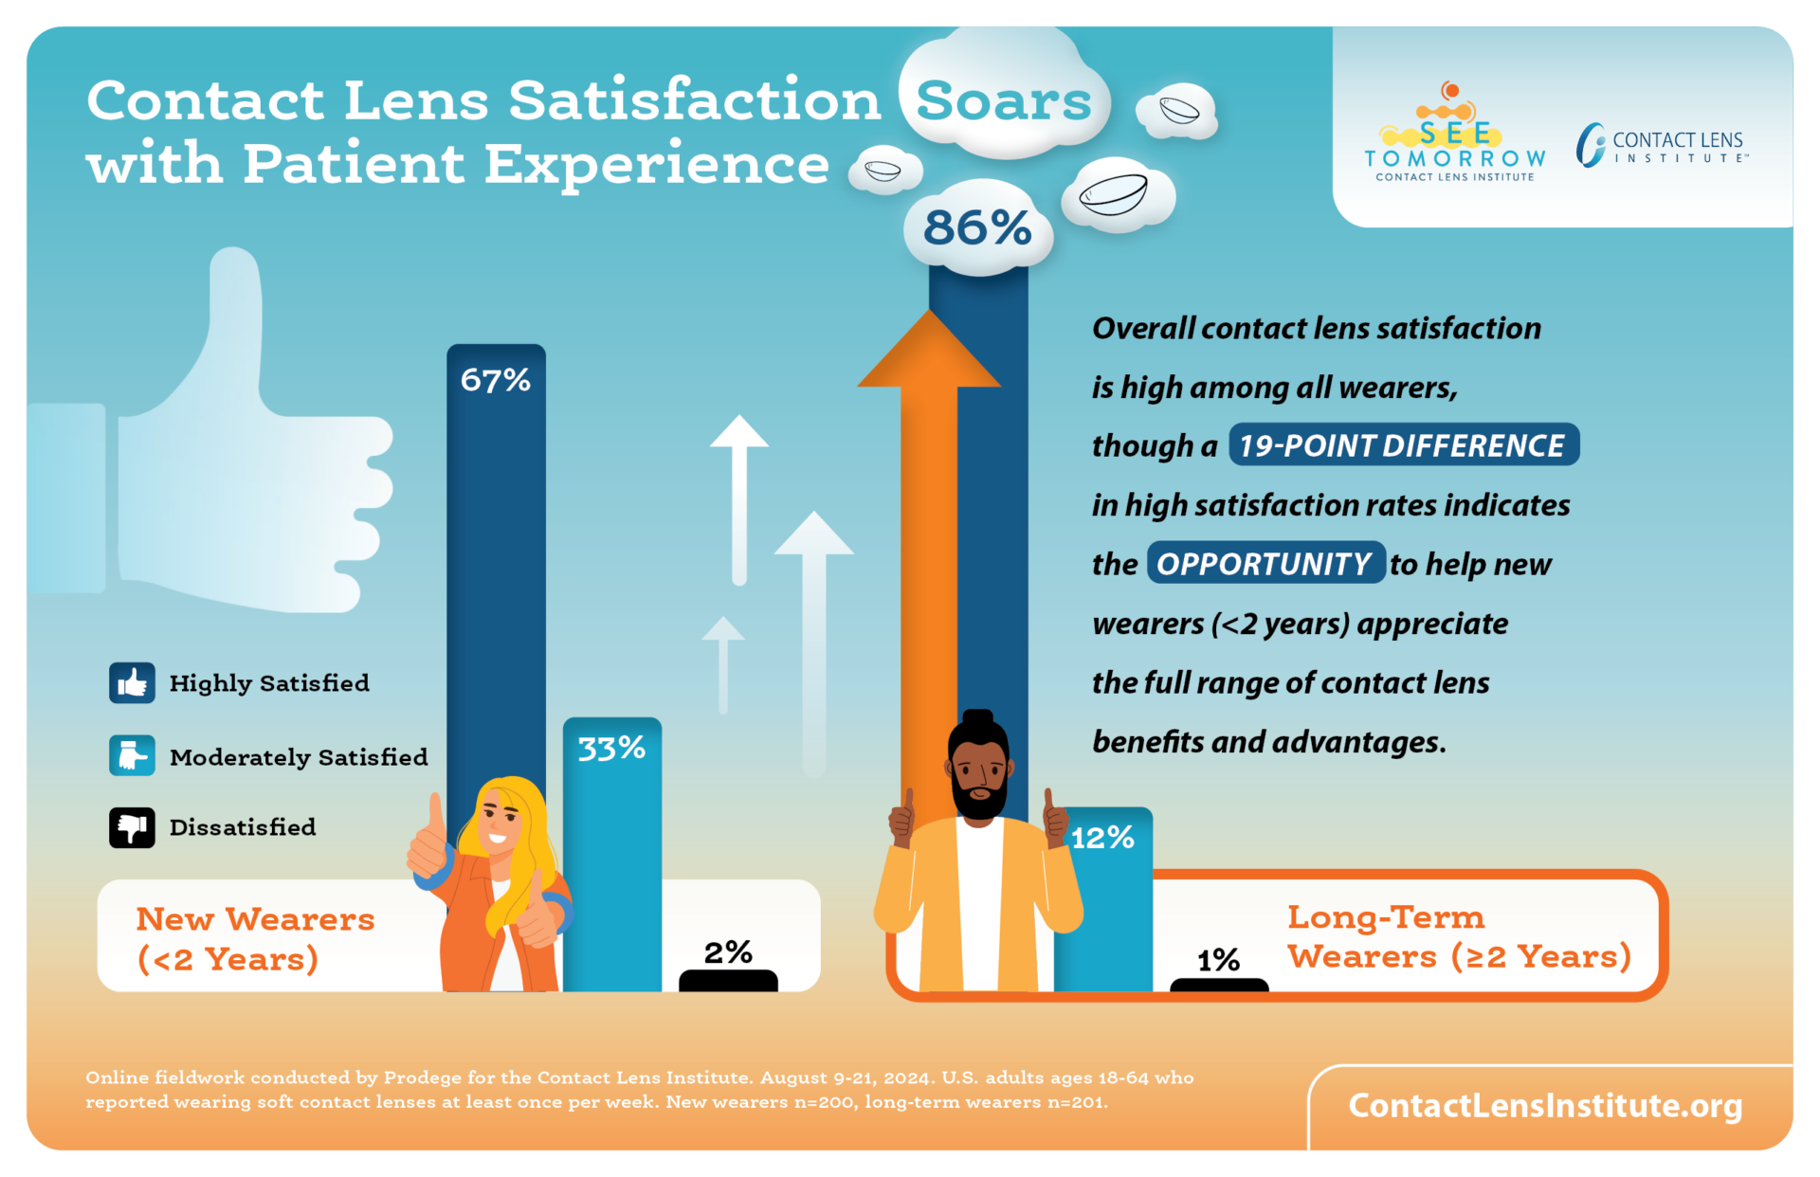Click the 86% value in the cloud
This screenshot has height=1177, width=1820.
pos(977,228)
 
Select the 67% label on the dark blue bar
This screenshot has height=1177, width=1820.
pos(495,380)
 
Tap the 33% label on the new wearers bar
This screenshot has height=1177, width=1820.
pos(611,749)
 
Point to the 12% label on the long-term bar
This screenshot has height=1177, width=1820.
pos(1102,838)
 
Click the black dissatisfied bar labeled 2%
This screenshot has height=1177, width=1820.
pos(728,981)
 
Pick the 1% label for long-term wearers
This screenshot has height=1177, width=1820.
pos(1218,960)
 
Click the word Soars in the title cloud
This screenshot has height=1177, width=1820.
pos(1003,100)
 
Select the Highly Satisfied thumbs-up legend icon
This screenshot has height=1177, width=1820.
pos(132,682)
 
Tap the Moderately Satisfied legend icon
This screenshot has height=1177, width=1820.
pos(132,756)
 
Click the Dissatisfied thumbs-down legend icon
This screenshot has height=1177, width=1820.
pos(132,827)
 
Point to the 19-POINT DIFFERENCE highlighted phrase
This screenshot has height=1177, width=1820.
pos(1403,445)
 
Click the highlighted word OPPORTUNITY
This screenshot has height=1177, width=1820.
pos(1265,564)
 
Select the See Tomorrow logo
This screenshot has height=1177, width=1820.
pos(1454,137)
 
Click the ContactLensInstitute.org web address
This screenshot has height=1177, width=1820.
pos(1545,1105)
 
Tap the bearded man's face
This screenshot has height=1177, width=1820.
pos(979,772)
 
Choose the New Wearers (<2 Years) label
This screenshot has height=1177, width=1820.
pos(255,938)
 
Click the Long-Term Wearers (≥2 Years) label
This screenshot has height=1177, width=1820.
pos(1458,936)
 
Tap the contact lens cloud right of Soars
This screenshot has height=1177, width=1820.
pos(1177,111)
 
